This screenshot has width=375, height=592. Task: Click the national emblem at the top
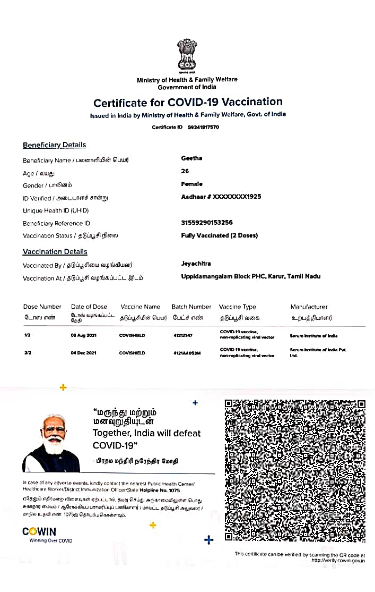tap(187, 55)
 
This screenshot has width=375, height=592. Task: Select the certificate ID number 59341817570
tap(203, 128)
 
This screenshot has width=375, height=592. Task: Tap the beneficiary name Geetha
tap(191, 158)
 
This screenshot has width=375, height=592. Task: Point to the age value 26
tap(185, 171)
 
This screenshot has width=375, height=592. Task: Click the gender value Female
tap(191, 184)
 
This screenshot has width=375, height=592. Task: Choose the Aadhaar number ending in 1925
tap(221, 197)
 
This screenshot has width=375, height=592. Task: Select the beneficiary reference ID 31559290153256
tap(207, 223)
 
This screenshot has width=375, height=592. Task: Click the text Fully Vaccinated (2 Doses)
tap(220, 235)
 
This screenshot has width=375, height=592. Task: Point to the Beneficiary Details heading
tap(54, 145)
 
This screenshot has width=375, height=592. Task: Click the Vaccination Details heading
tap(55, 252)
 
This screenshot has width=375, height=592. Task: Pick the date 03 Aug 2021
tap(83, 336)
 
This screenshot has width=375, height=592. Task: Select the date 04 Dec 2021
tap(83, 353)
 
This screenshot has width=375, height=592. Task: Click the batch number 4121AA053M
tap(187, 353)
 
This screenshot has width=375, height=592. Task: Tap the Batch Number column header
tap(191, 307)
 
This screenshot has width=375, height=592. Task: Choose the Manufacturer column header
tap(309, 307)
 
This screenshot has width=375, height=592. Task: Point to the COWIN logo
tap(39, 531)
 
